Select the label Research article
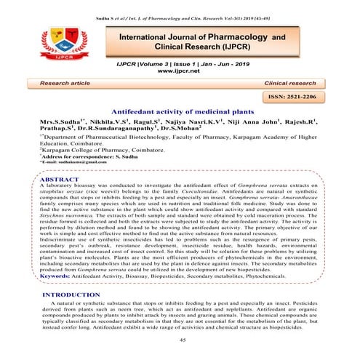coord(69,83)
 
